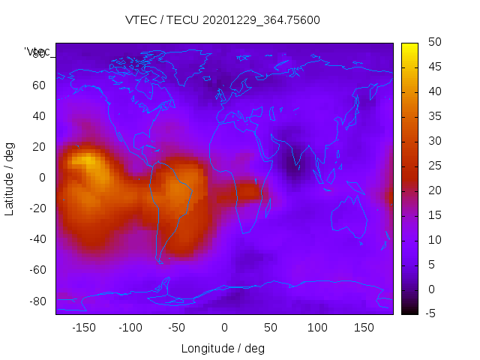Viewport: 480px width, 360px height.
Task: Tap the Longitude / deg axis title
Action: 223,349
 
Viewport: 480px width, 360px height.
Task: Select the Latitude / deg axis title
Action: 10,178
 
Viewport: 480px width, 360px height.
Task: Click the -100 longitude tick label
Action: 130,328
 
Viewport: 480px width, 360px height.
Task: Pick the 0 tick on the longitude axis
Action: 224,328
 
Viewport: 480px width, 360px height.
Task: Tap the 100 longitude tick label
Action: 317,328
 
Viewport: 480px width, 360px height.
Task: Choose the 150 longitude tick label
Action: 364,328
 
